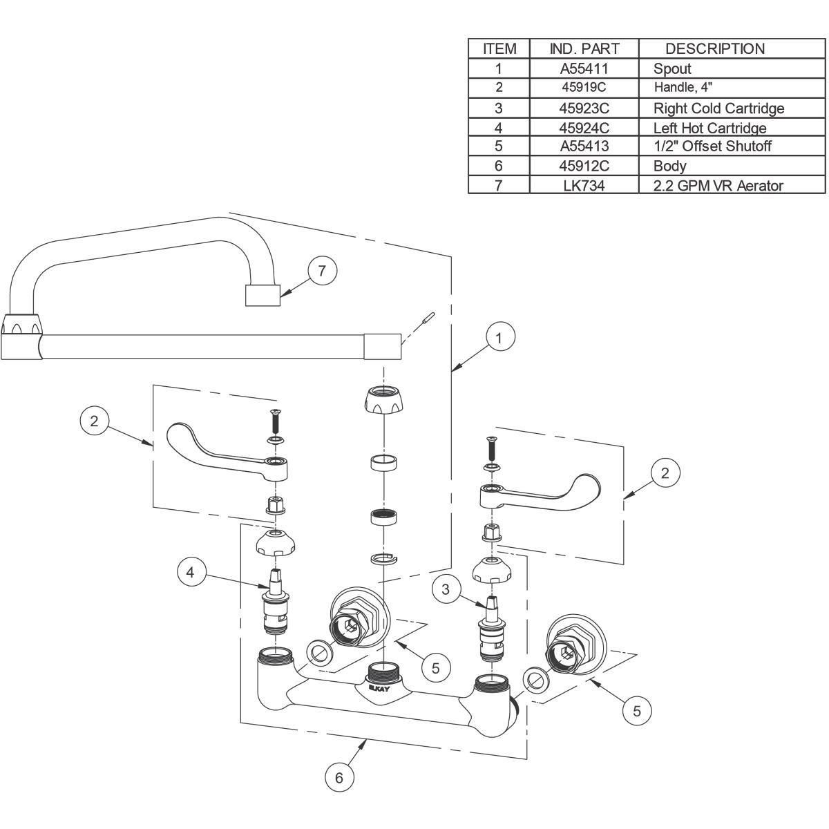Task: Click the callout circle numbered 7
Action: point(322,271)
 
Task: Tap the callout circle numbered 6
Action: point(339,777)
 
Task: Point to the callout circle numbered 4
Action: point(191,572)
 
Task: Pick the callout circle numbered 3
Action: point(446,589)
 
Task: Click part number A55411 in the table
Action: point(584,68)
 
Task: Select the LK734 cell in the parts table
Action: point(584,185)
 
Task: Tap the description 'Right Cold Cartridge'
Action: point(719,108)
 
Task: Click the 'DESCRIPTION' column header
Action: point(715,48)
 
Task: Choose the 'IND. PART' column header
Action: point(584,48)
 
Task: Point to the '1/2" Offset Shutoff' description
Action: point(712,146)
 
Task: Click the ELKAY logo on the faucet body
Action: point(379,689)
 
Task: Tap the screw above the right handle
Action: point(490,448)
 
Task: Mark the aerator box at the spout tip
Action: point(263,295)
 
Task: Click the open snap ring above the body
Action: point(383,560)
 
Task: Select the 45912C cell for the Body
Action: point(584,166)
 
